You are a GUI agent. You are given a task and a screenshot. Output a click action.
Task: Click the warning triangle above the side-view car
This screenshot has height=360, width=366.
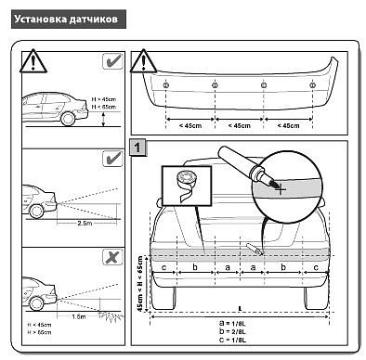pyautogui.click(x=33, y=62)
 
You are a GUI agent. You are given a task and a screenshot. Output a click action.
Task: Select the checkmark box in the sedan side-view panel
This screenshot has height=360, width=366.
pyautogui.click(x=111, y=63)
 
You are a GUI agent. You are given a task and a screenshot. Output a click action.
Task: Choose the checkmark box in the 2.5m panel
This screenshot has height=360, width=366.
pyautogui.click(x=111, y=160)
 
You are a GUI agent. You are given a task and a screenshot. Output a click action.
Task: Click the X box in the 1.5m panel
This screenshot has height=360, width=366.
pyautogui.click(x=111, y=256)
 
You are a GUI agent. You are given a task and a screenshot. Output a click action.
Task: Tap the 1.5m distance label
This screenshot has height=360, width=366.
pyautogui.click(x=79, y=316)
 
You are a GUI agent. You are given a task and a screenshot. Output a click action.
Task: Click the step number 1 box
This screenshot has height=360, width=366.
pyautogui.click(x=137, y=148)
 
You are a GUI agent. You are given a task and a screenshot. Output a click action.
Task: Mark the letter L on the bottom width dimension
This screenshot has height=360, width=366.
pyautogui.click(x=239, y=307)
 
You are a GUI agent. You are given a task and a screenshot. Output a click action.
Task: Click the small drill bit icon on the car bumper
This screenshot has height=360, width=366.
pyautogui.click(x=254, y=248)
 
